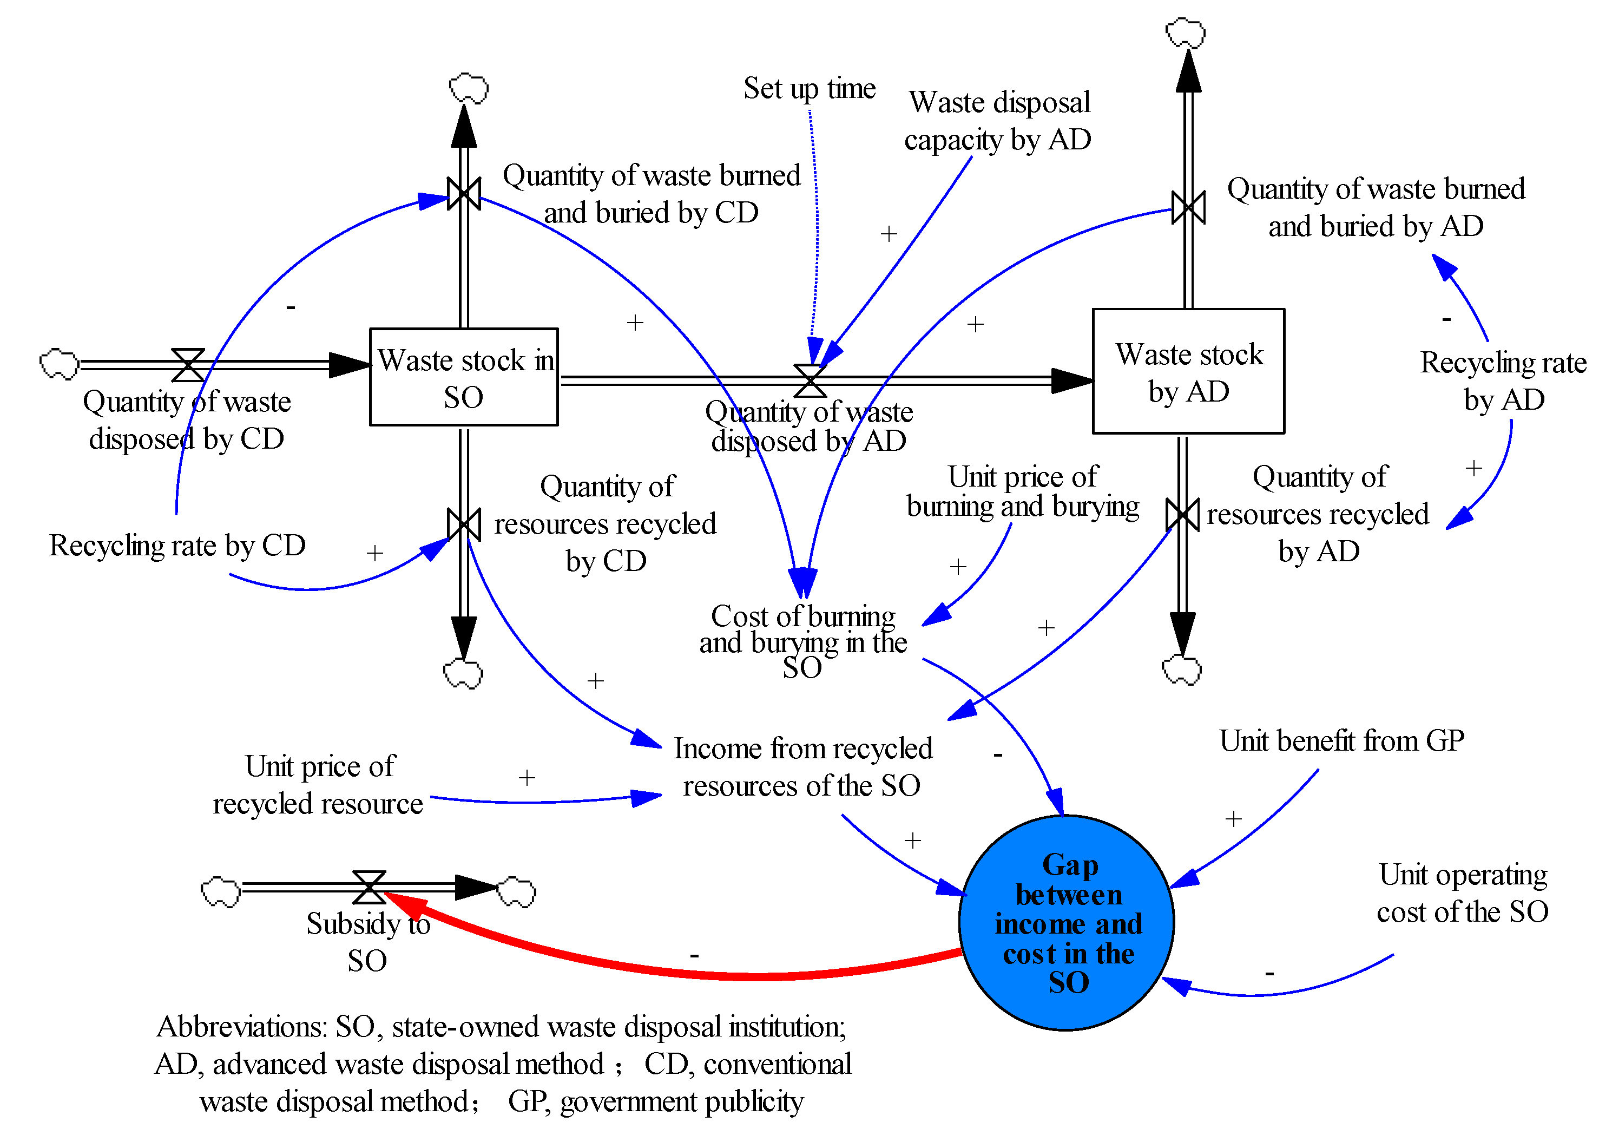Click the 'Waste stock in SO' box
click(x=464, y=377)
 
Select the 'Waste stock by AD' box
click(x=1188, y=371)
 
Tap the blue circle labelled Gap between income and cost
click(x=1067, y=922)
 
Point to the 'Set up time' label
click(x=810, y=88)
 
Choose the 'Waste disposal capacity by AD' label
click(x=998, y=121)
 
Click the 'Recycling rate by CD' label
click(x=177, y=546)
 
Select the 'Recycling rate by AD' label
click(x=1503, y=381)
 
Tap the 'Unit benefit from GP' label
click(x=1341, y=740)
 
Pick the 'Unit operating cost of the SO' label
click(x=1463, y=893)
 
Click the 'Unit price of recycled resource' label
click(x=319, y=785)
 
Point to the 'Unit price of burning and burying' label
click(x=1022, y=492)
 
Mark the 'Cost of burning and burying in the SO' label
click(x=803, y=641)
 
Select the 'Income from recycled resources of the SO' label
click(x=802, y=767)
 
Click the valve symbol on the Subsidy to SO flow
click(x=369, y=887)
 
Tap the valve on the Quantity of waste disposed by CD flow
click(x=188, y=365)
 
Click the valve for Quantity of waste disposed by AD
click(x=810, y=380)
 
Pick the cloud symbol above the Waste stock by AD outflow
click(x=1186, y=32)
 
